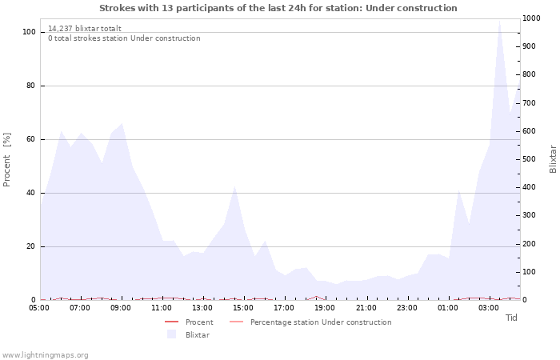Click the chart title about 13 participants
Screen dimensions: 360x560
pos(278,8)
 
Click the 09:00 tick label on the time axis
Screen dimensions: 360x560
pos(121,307)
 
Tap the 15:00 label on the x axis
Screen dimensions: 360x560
pos(243,307)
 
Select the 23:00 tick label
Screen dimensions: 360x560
pos(407,307)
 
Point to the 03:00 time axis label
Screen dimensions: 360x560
pos(489,307)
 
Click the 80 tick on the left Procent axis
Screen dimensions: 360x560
pos(30,86)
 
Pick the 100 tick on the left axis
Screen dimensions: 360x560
pos(28,32)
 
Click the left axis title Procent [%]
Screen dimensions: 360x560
pos(7,159)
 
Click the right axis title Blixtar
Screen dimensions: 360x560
pos(553,159)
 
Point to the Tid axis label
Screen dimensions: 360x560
pos(511,318)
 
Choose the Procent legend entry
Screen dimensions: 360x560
pos(199,322)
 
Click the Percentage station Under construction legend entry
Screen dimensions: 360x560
pos(320,322)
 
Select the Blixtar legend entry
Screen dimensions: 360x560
pos(197,334)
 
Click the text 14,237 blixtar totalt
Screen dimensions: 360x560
pos(85,28)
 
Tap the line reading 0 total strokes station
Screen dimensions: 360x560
pos(124,38)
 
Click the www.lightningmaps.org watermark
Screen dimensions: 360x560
pos(46,355)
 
